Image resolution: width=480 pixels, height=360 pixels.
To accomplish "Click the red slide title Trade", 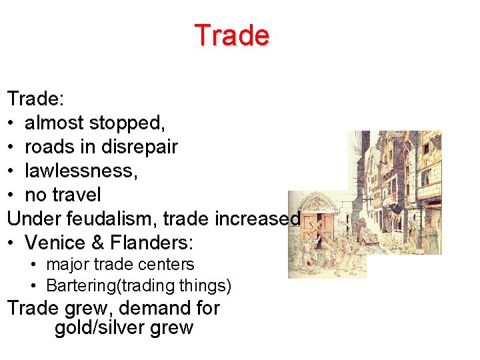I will (x=231, y=35).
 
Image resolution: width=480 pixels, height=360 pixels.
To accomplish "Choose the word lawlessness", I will (x=81, y=171).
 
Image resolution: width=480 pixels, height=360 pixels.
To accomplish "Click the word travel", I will (x=77, y=195).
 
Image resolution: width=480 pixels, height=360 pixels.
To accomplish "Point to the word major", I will (x=65, y=265).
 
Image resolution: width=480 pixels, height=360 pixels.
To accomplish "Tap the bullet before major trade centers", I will (x=34, y=265).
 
